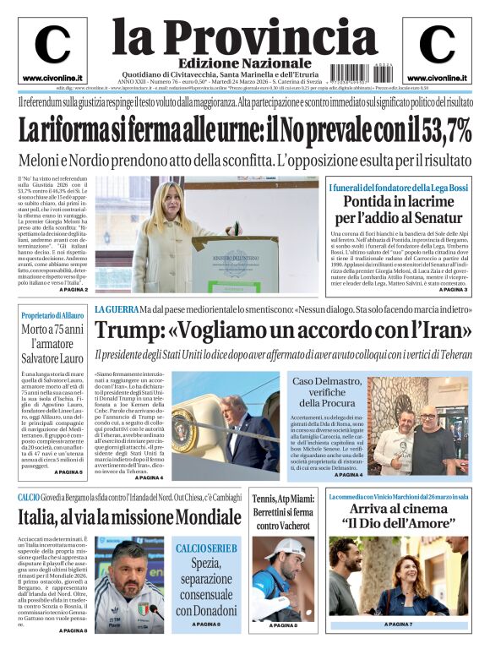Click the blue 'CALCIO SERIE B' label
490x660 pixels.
click(x=205, y=549)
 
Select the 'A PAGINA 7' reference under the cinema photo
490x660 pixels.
click(x=410, y=625)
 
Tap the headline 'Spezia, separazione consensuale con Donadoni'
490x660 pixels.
click(x=205, y=586)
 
